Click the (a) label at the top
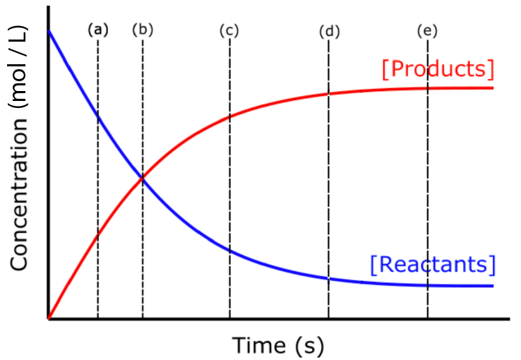click(98, 30)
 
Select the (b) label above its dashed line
click(143, 30)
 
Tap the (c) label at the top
click(229, 30)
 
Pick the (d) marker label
click(329, 31)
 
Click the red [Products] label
click(437, 69)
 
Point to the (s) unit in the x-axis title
click(309, 346)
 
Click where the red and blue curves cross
click(143, 179)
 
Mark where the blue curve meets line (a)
click(98, 117)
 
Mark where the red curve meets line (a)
click(98, 234)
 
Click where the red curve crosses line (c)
click(229, 116)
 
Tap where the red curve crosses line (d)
click(329, 93)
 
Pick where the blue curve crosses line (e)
click(428, 285)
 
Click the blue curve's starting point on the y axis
click(48, 32)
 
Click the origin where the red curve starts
click(48, 319)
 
